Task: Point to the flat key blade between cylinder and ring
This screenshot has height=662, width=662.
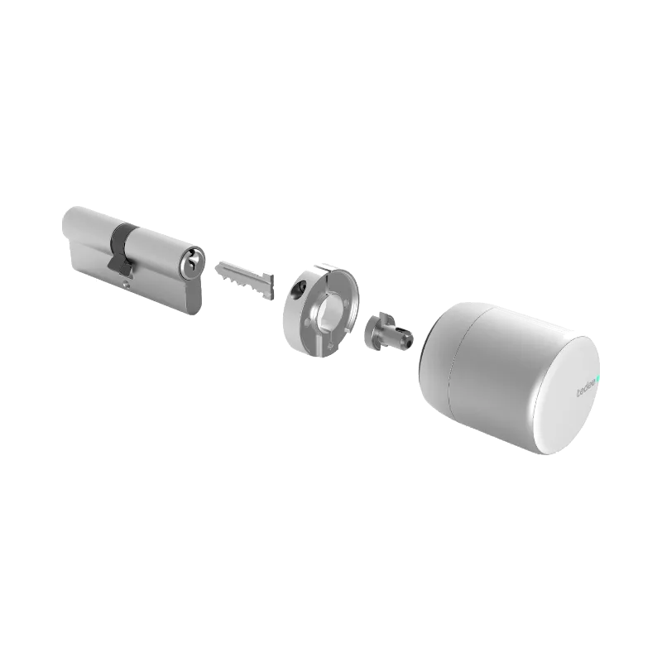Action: coord(243,276)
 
